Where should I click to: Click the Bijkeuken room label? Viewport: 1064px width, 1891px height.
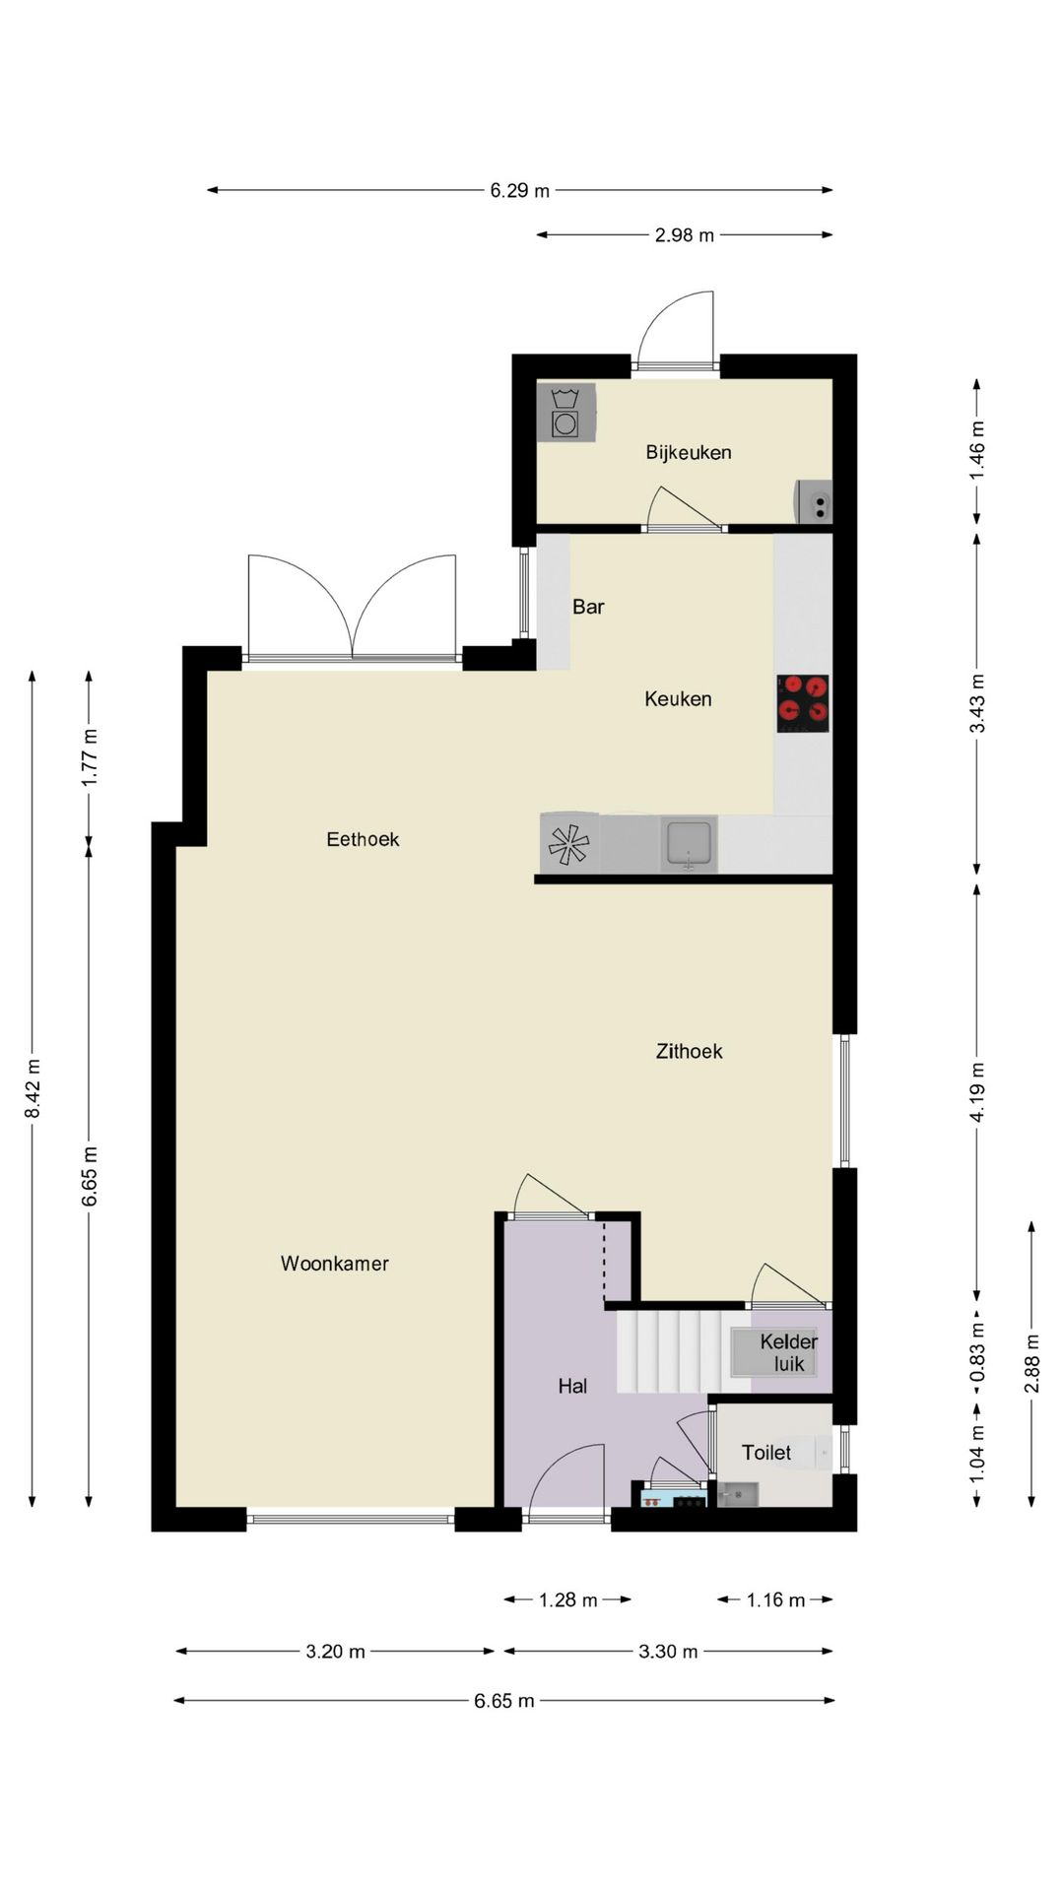click(689, 453)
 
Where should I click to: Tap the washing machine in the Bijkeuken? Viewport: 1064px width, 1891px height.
click(566, 412)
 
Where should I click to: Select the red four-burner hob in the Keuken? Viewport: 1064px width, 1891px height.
click(802, 703)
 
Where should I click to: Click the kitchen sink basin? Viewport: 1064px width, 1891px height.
click(689, 844)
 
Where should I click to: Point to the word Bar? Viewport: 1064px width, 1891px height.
click(588, 607)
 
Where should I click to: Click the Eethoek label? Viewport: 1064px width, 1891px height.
click(363, 839)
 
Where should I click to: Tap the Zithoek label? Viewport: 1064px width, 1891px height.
click(690, 1052)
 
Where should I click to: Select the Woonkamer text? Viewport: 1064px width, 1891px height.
click(335, 1264)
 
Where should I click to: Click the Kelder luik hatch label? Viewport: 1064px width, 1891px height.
click(788, 1352)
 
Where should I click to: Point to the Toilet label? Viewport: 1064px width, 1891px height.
click(766, 1453)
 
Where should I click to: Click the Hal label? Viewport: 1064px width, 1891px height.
click(572, 1386)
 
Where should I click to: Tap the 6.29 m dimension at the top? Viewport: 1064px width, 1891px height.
click(520, 190)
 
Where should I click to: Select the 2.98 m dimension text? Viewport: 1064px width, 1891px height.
click(685, 235)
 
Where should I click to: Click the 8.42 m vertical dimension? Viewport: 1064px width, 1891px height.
click(33, 1088)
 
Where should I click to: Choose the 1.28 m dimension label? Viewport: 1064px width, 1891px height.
click(568, 1599)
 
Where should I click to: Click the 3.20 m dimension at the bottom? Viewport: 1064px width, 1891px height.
click(335, 1651)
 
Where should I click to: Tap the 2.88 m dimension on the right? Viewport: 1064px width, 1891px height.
click(1032, 1364)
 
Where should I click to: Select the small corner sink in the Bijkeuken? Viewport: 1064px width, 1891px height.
click(814, 501)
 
